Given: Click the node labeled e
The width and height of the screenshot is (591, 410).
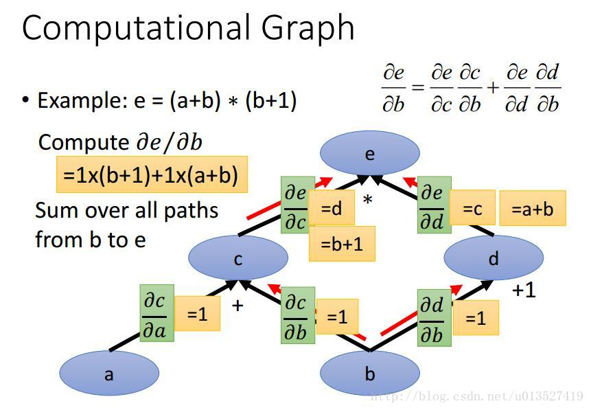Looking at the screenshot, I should pyautogui.click(x=369, y=152).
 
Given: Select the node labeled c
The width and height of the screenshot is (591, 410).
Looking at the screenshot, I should pyautogui.click(x=237, y=258).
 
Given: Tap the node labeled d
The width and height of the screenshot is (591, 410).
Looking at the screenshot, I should pyautogui.click(x=494, y=258).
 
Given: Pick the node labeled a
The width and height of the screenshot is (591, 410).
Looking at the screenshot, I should pyautogui.click(x=109, y=374).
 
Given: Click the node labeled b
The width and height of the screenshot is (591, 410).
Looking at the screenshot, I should pyautogui.click(x=369, y=374).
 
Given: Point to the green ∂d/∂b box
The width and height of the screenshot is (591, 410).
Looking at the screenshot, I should pyautogui.click(x=434, y=317).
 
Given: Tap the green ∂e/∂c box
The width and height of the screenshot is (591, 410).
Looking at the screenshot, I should pyautogui.click(x=297, y=204).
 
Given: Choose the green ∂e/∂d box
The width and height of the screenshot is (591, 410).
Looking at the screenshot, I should pyautogui.click(x=434, y=204).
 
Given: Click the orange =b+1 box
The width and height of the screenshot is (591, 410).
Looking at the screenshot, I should pyautogui.click(x=342, y=244).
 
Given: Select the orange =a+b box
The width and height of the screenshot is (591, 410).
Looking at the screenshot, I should pyautogui.click(x=533, y=208).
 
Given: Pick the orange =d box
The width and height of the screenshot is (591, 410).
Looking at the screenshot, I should pyautogui.click(x=332, y=207).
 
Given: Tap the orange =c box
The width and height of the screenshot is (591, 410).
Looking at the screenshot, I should pyautogui.click(x=472, y=207).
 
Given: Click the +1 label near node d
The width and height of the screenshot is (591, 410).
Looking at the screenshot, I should pyautogui.click(x=524, y=290).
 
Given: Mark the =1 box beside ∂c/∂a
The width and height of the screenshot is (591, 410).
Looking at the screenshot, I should pyautogui.click(x=197, y=313).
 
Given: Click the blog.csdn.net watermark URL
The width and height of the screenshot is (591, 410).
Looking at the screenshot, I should pyautogui.click(x=476, y=396).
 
